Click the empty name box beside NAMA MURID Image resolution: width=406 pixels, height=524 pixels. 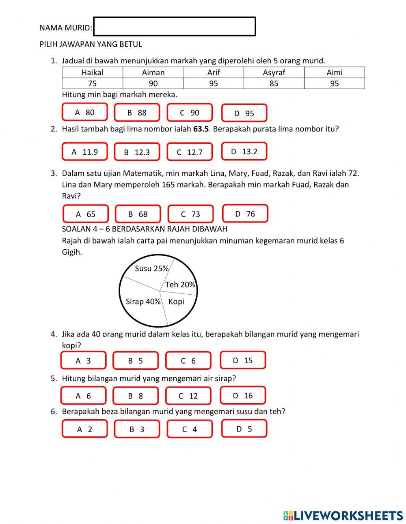(175, 27)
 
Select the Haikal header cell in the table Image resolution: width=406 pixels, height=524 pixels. (92, 73)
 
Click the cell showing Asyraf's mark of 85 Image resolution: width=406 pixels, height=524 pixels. (274, 84)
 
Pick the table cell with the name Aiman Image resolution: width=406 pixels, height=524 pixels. (153, 73)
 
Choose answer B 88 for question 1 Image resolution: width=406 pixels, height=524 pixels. (137, 113)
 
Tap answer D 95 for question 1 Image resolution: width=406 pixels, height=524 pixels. (244, 113)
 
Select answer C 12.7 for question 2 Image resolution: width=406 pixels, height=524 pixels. (189, 152)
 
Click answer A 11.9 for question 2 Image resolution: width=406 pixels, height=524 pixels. (84, 152)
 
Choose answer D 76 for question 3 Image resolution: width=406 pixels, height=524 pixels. (245, 214)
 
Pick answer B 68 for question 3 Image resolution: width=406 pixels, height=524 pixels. (138, 214)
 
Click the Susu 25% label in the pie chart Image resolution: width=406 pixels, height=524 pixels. (151, 268)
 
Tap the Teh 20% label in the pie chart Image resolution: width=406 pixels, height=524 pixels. (180, 285)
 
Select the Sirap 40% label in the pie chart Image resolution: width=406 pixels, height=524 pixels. (143, 302)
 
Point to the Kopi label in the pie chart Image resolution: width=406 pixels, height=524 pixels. (176, 302)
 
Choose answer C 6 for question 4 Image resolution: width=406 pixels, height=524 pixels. (188, 361)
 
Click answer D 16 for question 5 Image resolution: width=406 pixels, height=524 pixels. (243, 395)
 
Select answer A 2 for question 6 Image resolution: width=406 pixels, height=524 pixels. (84, 429)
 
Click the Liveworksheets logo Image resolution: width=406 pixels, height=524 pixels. (343, 515)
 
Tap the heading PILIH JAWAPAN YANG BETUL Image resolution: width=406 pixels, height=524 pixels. (91, 44)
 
